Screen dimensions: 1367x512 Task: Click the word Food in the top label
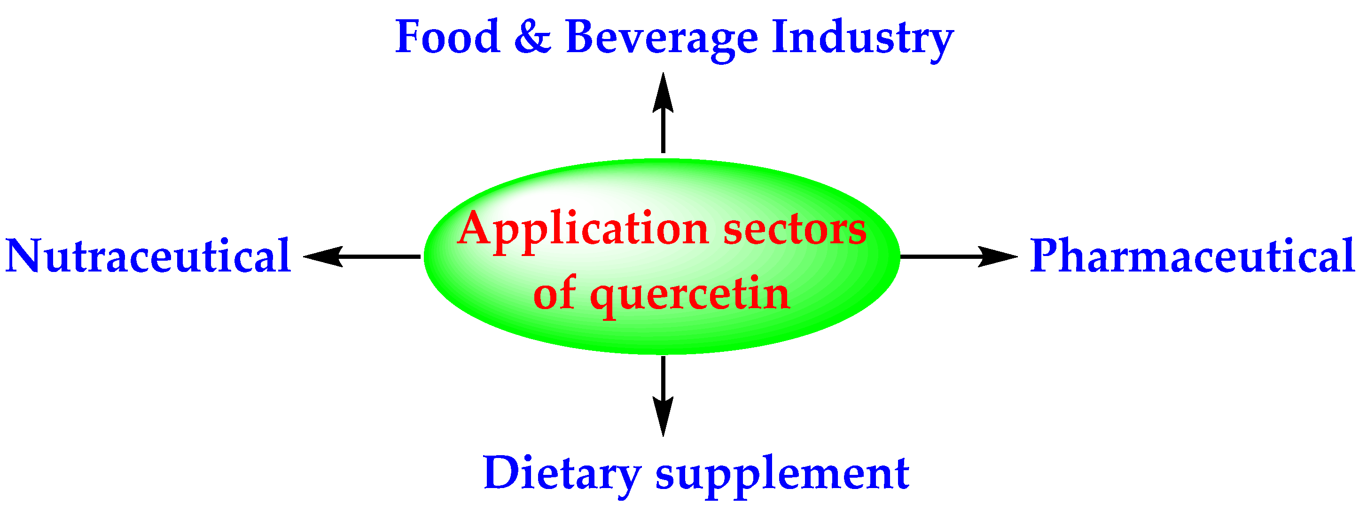click(x=447, y=37)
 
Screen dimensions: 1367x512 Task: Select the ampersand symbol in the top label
click(x=532, y=37)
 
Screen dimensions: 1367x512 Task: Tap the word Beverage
click(x=662, y=38)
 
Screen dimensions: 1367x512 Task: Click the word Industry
click(x=862, y=38)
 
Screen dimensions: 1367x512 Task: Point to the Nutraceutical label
click(x=148, y=256)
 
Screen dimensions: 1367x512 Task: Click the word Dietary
click(x=562, y=474)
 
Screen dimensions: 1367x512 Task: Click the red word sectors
click(x=795, y=230)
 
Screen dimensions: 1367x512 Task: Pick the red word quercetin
click(x=690, y=295)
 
